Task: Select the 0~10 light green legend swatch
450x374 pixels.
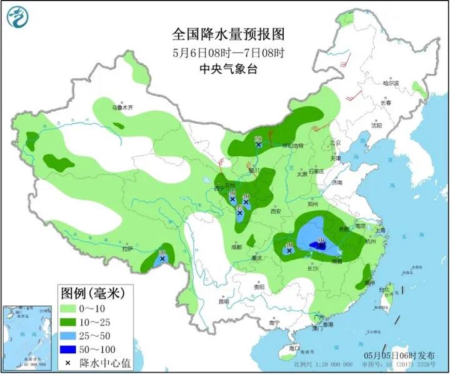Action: [71, 308]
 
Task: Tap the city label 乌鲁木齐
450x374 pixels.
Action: [123, 107]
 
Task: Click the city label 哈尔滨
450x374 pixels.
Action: [390, 83]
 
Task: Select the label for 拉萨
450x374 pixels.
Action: [128, 248]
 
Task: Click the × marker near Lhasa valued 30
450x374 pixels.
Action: [162, 258]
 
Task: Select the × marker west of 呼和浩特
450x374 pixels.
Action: [258, 144]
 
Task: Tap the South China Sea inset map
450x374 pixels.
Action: [26, 336]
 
